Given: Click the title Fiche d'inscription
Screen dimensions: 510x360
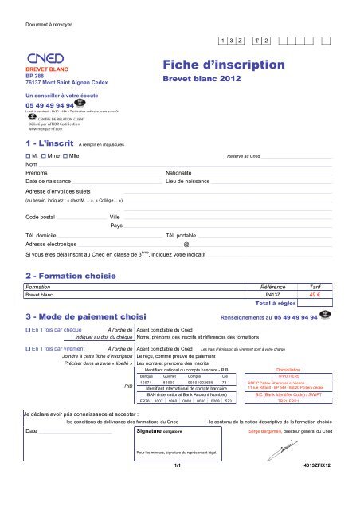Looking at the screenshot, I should [x=223, y=64].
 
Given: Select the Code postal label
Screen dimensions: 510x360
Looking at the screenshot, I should [x=45, y=217].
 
